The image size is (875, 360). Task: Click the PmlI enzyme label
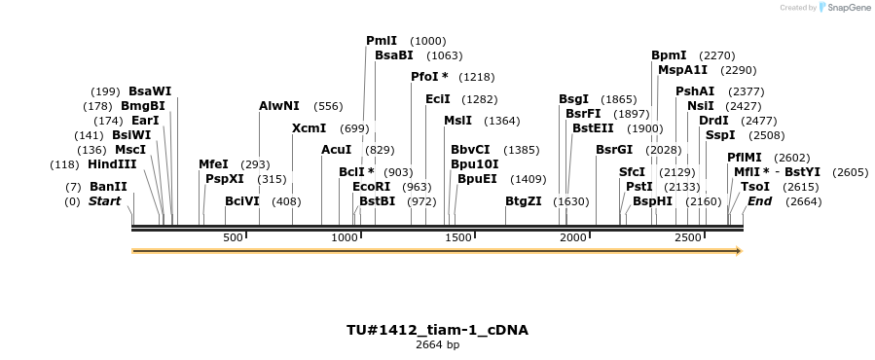(382, 41)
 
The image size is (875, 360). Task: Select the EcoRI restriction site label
(371, 186)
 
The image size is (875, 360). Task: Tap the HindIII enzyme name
(112, 164)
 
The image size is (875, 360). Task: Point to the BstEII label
(592, 128)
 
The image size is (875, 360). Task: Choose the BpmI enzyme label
(669, 55)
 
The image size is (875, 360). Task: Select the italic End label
(759, 201)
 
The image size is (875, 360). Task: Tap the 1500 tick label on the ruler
(459, 238)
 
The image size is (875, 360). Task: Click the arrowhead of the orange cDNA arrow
(739, 251)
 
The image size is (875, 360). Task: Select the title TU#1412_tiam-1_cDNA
(437, 330)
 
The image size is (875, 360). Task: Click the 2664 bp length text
(437, 345)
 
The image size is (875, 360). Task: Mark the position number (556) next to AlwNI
(328, 106)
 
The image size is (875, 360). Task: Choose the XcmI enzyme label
(309, 128)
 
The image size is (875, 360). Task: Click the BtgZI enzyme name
(524, 201)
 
